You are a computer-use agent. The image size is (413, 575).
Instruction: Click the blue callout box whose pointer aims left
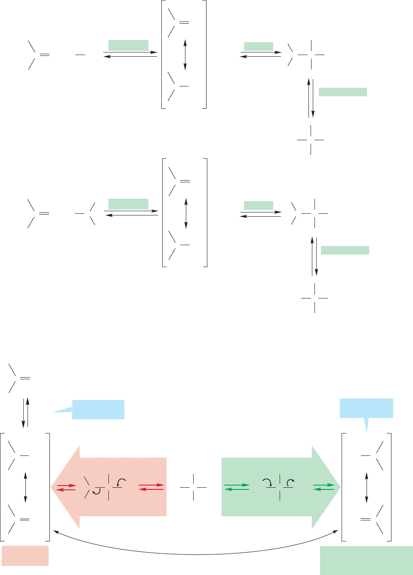coord(98,409)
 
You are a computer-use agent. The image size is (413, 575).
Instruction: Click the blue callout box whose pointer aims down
coord(366,409)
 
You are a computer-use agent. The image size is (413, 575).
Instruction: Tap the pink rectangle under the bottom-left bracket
coord(25,556)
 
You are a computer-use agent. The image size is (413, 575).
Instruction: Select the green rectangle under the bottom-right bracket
coord(366,560)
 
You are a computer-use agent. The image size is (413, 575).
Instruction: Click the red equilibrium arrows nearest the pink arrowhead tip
coord(66,487)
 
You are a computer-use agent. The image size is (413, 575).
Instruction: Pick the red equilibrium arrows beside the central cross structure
coord(151,487)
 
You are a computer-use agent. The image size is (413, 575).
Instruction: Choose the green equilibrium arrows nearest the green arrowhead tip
coord(324,487)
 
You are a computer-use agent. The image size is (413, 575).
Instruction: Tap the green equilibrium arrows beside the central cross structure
coord(237,487)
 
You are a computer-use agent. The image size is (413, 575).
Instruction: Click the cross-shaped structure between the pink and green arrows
coord(193,487)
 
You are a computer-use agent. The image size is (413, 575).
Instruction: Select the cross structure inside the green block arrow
coord(280,487)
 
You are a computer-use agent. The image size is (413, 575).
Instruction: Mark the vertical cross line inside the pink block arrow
coord(108,487)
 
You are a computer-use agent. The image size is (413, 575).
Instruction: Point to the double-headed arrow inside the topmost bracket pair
coord(185,55)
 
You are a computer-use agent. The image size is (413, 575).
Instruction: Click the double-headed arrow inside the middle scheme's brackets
coord(186,213)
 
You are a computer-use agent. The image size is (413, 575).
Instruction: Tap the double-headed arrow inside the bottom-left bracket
coord(25,487)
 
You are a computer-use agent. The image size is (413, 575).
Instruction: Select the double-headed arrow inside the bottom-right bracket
coord(367,488)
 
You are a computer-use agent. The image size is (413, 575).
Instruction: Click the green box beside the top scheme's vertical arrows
coord(342,92)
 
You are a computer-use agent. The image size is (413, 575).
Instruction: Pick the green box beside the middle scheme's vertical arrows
coord(345,250)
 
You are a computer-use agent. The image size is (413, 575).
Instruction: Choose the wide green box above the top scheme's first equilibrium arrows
coord(128,45)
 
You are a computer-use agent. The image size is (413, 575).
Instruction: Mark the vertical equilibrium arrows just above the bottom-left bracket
coord(25,412)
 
